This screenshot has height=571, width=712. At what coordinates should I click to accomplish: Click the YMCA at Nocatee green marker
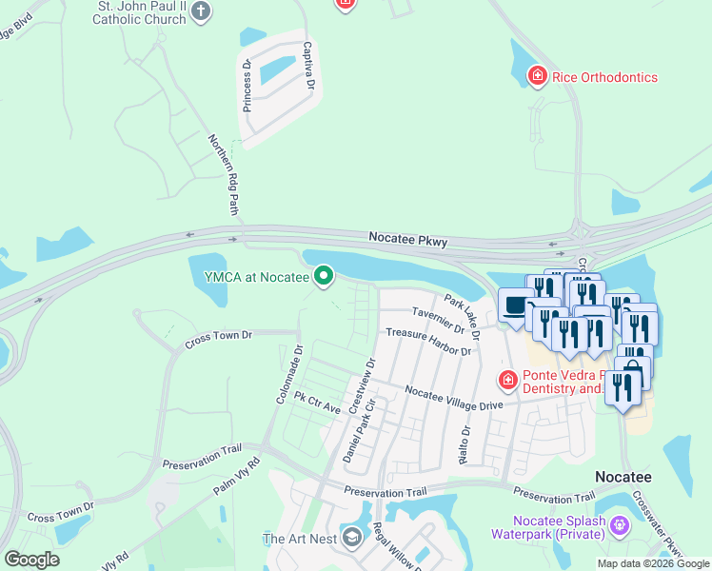coord(325,276)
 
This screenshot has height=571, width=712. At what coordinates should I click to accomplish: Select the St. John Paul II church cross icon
coord(200,11)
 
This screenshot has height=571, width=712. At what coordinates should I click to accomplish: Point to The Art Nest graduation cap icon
coord(351,539)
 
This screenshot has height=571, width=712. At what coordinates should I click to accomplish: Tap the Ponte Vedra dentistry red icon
coord(508,381)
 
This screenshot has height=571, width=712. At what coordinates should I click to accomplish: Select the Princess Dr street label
coord(247,86)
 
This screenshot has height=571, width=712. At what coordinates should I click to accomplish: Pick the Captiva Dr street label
coord(308,67)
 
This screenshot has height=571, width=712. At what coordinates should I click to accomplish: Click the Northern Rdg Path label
coord(224,173)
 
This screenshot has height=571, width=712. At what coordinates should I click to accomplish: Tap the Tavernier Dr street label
coord(438,320)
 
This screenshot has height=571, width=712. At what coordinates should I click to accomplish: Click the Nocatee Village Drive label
coord(453,397)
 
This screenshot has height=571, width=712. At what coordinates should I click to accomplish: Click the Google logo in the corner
coord(32,560)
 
